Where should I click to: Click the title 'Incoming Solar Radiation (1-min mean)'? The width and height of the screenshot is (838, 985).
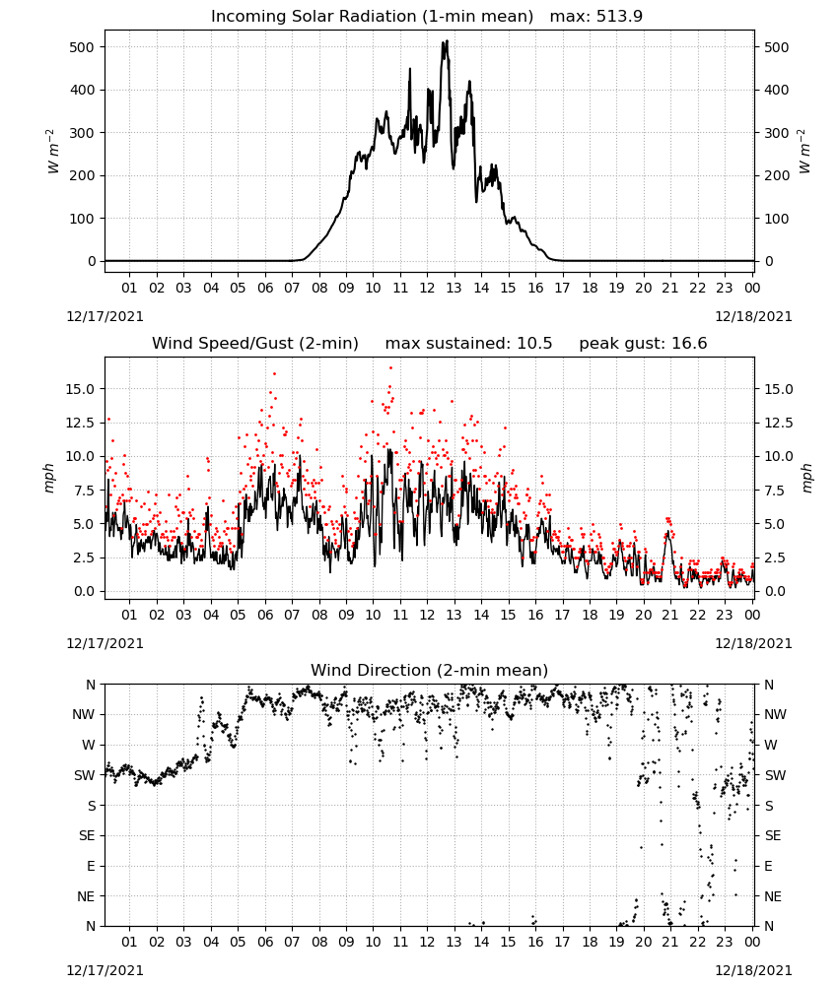pyautogui.click(x=372, y=17)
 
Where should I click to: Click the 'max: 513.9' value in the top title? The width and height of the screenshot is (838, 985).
pyautogui.click(x=596, y=17)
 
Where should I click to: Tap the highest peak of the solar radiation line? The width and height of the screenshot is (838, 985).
pyautogui.click(x=447, y=40)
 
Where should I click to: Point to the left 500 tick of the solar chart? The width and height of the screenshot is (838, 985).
pyautogui.click(x=82, y=47)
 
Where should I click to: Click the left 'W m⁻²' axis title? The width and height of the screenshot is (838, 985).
pyautogui.click(x=53, y=152)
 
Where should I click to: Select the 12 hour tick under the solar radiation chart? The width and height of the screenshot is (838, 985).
pyautogui.click(x=427, y=288)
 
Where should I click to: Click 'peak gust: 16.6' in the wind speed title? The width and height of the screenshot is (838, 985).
pyautogui.click(x=643, y=344)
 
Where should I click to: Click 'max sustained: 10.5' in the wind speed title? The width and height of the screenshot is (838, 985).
pyautogui.click(x=468, y=344)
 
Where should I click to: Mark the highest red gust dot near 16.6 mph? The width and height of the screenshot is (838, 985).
pyautogui.click(x=390, y=367)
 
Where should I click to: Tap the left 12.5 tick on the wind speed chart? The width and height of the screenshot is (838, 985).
pyautogui.click(x=81, y=423)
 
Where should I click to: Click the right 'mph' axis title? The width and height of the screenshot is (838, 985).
pyautogui.click(x=807, y=479)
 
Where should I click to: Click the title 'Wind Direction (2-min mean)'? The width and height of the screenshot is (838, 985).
pyautogui.click(x=430, y=670)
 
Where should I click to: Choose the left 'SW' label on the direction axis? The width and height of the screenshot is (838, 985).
pyautogui.click(x=85, y=775)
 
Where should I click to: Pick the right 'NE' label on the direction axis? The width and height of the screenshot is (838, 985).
pyautogui.click(x=773, y=896)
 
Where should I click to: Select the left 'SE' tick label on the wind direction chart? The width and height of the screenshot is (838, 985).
pyautogui.click(x=87, y=835)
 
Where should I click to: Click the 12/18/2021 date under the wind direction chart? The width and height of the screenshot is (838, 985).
pyautogui.click(x=753, y=970)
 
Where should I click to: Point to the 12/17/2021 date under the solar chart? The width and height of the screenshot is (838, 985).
pyautogui.click(x=105, y=316)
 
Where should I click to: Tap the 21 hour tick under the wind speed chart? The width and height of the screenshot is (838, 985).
pyautogui.click(x=670, y=615)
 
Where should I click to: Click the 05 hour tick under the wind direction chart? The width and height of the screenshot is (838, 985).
pyautogui.click(x=238, y=942)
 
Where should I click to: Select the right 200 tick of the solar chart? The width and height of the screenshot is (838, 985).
pyautogui.click(x=777, y=176)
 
